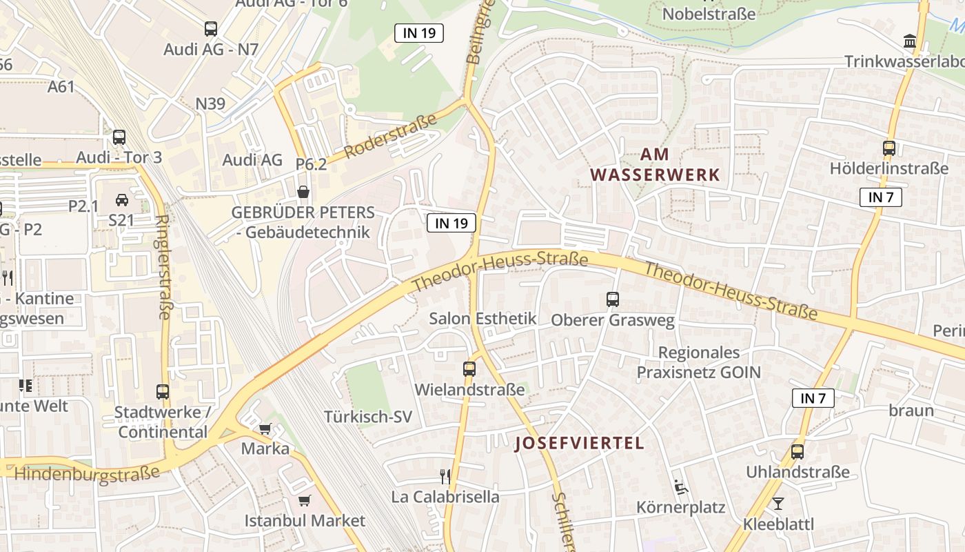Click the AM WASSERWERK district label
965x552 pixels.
(654, 165)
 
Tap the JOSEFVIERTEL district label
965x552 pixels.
(580, 443)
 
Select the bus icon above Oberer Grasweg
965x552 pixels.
(613, 299)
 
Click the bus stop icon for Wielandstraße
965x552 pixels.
(469, 368)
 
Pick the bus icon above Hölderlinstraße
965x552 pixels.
(889, 148)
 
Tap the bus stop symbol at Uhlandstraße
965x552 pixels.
(798, 452)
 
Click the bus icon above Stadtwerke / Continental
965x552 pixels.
(163, 392)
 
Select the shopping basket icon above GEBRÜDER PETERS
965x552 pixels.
(303, 192)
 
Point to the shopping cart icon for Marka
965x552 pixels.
(265, 428)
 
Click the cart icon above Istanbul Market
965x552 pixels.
(305, 500)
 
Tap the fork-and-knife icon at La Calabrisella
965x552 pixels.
(445, 476)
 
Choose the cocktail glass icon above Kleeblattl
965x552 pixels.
(778, 504)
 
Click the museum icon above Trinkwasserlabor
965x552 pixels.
(909, 41)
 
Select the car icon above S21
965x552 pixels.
(122, 200)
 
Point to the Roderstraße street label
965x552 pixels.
(391, 136)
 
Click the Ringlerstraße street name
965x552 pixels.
(163, 268)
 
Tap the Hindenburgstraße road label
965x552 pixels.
(87, 474)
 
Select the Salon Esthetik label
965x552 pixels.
(482, 319)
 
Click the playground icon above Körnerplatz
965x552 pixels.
(680, 487)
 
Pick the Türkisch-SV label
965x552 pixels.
(368, 417)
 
